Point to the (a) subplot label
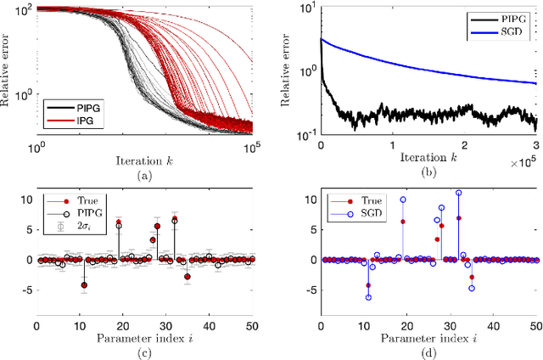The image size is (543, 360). [x=144, y=176]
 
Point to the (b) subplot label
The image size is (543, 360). [x=428, y=176]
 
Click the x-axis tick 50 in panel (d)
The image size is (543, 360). [x=535, y=325]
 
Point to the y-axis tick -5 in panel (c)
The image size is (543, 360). [x=26, y=289]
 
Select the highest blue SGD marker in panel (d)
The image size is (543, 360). [x=459, y=193]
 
